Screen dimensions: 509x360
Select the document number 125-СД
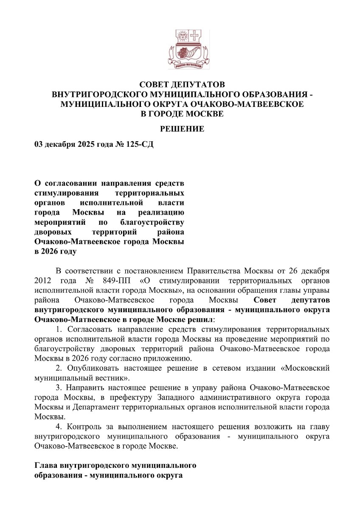click(139, 145)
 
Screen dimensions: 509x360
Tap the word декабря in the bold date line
click(60, 145)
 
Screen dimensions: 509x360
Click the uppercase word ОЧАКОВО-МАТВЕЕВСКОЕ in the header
click(245, 104)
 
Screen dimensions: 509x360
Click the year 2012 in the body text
click(42, 280)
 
